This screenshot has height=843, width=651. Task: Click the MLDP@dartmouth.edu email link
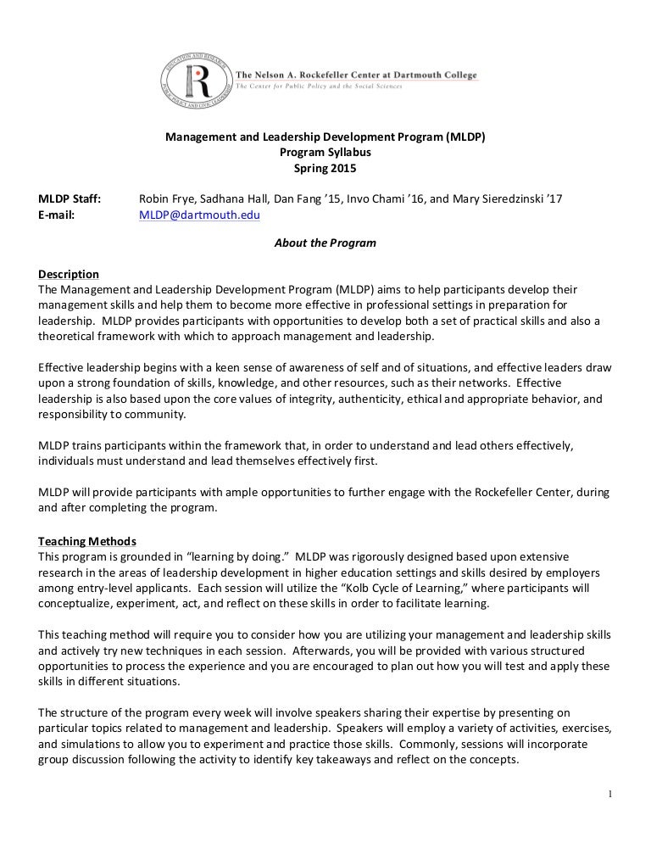coord(199,215)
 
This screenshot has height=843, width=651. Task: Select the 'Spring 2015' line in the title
coord(325,168)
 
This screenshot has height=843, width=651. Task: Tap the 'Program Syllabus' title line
coord(325,153)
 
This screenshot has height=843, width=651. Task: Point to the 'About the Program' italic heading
coord(325,243)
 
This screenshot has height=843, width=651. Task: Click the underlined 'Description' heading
coord(69,274)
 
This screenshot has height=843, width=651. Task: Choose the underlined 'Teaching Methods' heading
coord(87,541)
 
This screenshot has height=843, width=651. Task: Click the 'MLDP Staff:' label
coord(70,199)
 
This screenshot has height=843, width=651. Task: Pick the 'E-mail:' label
coord(57,215)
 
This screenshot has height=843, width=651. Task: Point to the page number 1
coord(609,794)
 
